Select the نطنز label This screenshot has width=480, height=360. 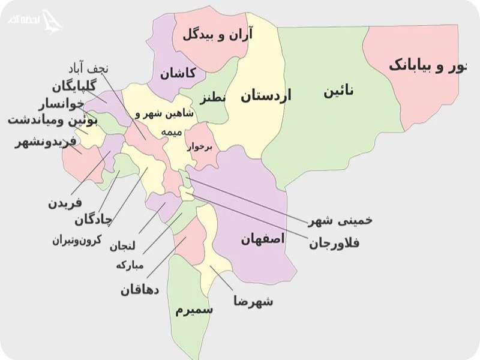(x=213, y=97)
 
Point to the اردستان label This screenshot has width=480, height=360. (x=265, y=95)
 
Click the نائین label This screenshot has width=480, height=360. (x=338, y=91)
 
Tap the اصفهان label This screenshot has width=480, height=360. (x=263, y=239)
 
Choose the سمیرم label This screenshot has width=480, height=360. (x=194, y=310)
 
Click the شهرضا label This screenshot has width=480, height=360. (x=253, y=301)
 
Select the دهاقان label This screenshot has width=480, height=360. (x=139, y=290)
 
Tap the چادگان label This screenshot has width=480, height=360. (x=93, y=220)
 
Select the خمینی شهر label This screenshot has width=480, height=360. (x=340, y=220)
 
